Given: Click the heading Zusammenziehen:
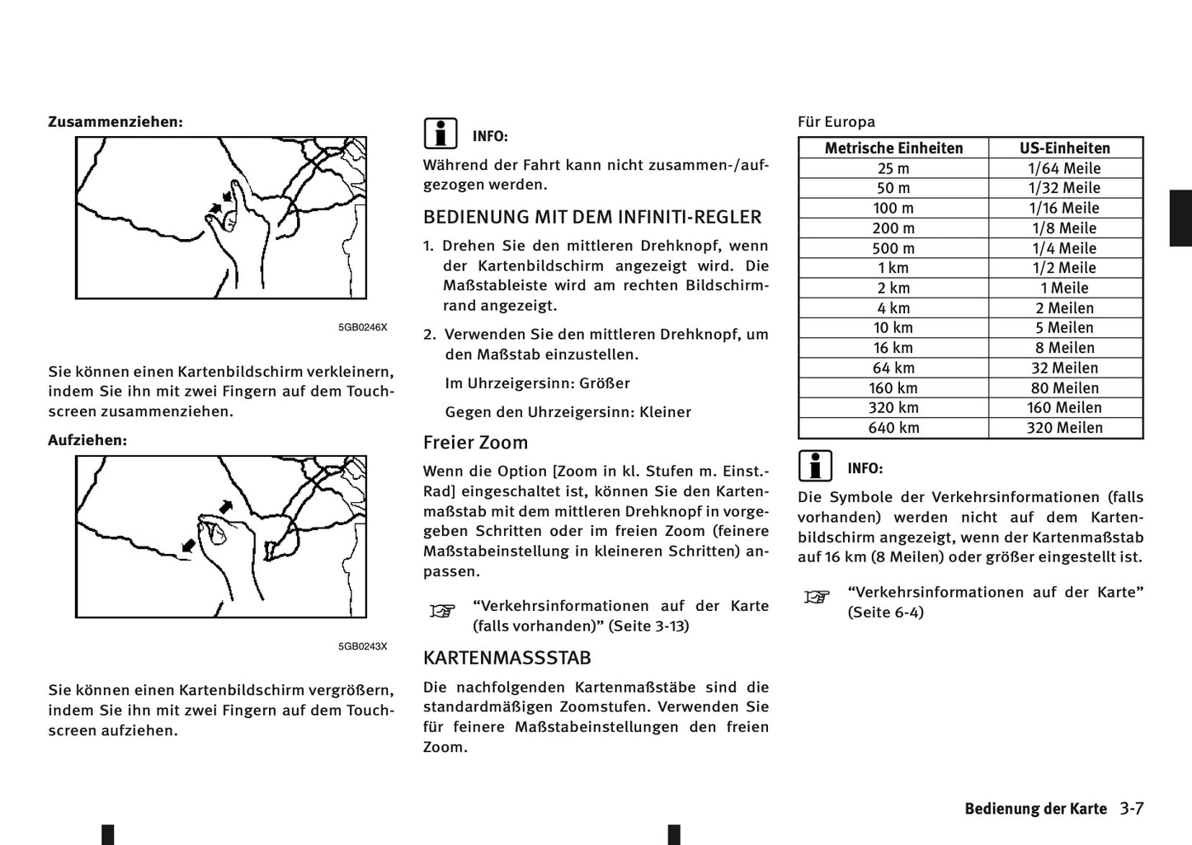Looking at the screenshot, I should pyautogui.click(x=115, y=122).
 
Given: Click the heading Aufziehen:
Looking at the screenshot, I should pyautogui.click(x=87, y=440).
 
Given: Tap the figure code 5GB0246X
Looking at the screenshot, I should pyautogui.click(x=362, y=327).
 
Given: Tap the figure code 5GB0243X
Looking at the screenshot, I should pyautogui.click(x=362, y=646).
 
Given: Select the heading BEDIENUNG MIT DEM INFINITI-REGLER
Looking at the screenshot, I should pyautogui.click(x=592, y=218).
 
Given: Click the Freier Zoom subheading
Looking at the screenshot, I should pyautogui.click(x=475, y=443).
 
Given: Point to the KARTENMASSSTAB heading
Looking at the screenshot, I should pyautogui.click(x=507, y=658).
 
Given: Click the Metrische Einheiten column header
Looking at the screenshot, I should pyautogui.click(x=893, y=148).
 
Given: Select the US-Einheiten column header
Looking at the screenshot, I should pyautogui.click(x=1065, y=148).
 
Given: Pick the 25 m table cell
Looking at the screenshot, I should pyautogui.click(x=893, y=168).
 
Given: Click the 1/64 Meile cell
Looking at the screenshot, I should pyautogui.click(x=1065, y=168).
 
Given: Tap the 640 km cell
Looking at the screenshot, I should pyautogui.click(x=893, y=428).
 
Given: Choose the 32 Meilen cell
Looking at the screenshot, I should pyautogui.click(x=1065, y=368).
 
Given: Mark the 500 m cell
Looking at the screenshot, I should pyautogui.click(x=893, y=248).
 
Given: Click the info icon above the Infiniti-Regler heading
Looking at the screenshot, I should pyautogui.click(x=441, y=134).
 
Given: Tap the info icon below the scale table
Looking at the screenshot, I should pyautogui.click(x=815, y=466).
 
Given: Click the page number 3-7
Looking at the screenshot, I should pyautogui.click(x=1132, y=809).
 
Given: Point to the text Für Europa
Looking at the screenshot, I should pyautogui.click(x=836, y=122).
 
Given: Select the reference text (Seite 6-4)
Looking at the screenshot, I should pyautogui.click(x=886, y=613).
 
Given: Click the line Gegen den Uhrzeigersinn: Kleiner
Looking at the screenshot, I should pyautogui.click(x=568, y=412).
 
